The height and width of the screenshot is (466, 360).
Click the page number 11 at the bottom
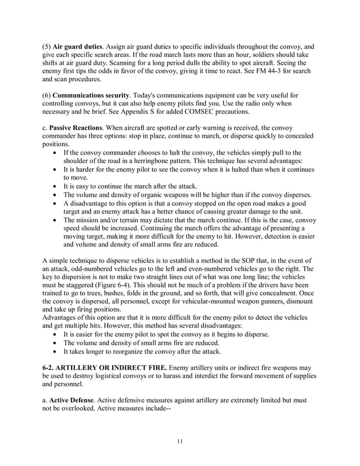coord(179,441)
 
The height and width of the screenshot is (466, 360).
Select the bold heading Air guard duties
coord(78,46)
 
